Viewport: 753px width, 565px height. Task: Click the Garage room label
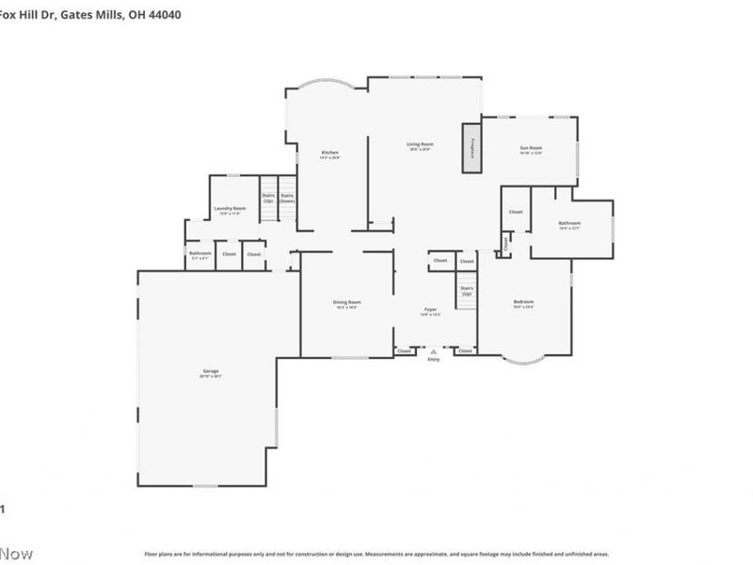click(x=211, y=372)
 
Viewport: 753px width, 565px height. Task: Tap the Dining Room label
click(x=348, y=303)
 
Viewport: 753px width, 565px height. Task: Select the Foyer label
click(x=430, y=311)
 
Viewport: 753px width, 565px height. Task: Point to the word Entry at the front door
click(x=433, y=360)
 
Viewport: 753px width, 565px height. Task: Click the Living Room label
click(x=420, y=145)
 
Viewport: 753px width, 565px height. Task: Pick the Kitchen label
click(x=329, y=153)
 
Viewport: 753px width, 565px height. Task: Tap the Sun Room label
click(x=531, y=148)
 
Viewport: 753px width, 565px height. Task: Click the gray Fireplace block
click(x=471, y=148)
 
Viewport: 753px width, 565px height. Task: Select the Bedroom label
click(x=523, y=303)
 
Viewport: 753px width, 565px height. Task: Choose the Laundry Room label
click(x=230, y=209)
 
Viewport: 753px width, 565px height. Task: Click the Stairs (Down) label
click(x=287, y=199)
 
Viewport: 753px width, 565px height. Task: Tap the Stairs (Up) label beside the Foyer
click(x=466, y=293)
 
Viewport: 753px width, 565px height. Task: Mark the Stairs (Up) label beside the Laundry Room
click(x=268, y=199)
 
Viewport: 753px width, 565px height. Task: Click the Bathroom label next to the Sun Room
click(x=569, y=224)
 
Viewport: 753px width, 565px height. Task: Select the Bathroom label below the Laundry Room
click(x=200, y=253)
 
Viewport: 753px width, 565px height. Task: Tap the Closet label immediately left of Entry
click(x=404, y=351)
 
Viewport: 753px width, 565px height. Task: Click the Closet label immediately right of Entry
click(x=465, y=351)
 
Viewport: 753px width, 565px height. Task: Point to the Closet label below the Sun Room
click(x=515, y=212)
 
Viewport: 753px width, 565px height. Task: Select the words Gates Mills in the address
click(x=94, y=15)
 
